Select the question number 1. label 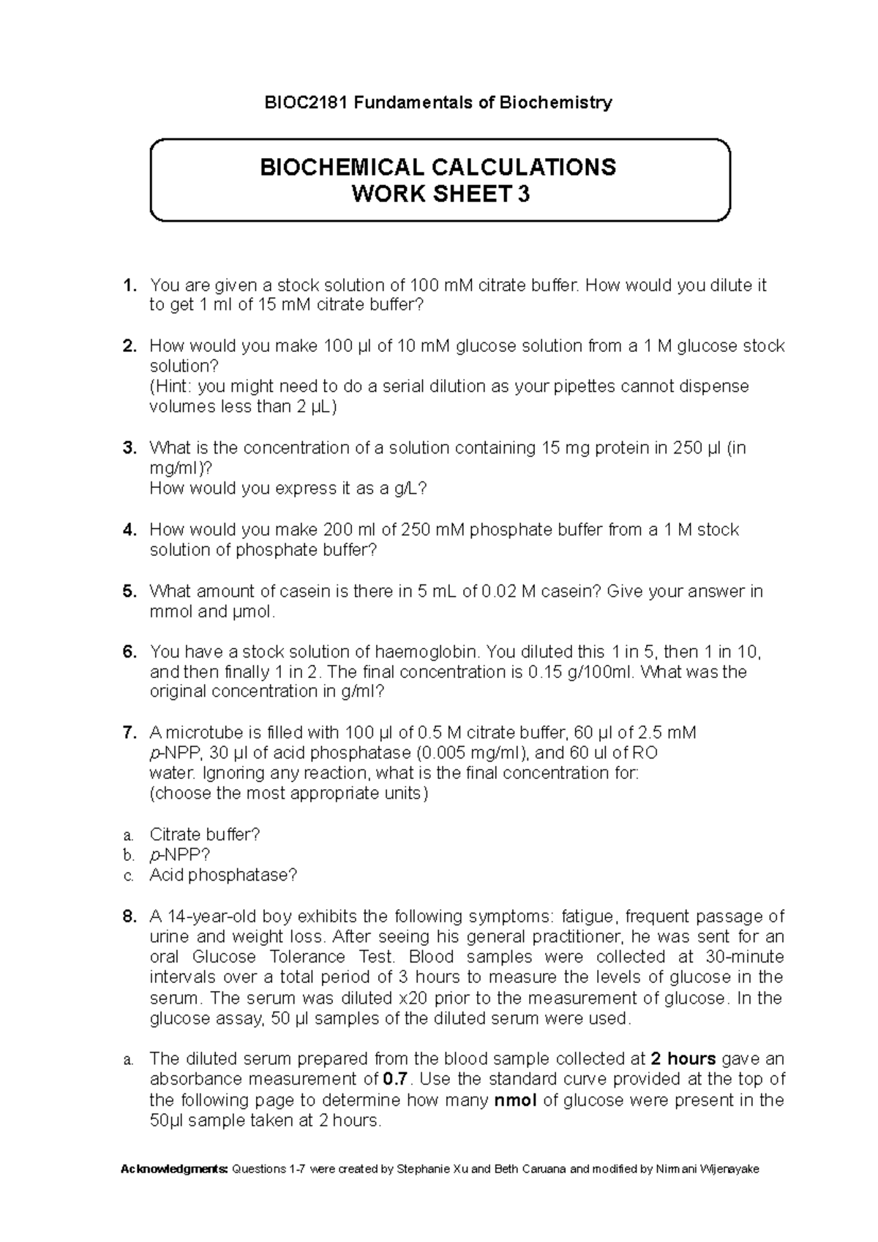point(130,285)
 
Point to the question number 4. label point(130,530)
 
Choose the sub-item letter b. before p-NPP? point(129,855)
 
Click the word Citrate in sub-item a point(175,835)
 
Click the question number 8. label point(130,917)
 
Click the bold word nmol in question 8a point(516,1100)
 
